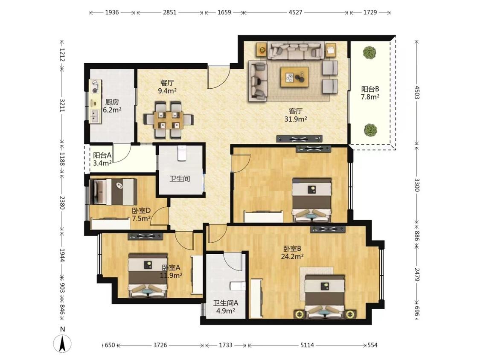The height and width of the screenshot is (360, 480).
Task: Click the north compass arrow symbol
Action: click(x=62, y=343)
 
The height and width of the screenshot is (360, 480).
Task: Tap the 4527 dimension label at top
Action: click(x=295, y=12)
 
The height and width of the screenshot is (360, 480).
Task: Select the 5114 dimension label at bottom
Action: click(x=307, y=345)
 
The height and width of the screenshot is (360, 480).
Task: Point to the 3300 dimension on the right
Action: click(x=416, y=185)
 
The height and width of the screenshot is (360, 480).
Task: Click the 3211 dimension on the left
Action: click(x=62, y=105)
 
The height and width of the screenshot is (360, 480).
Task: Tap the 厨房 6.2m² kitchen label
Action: click(x=112, y=106)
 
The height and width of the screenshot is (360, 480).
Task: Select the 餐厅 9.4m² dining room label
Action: click(x=167, y=87)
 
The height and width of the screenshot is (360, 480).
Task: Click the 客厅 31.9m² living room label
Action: click(x=296, y=115)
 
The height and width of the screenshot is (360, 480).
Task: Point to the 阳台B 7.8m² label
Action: click(x=370, y=93)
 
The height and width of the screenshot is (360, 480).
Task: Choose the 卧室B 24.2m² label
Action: click(x=292, y=253)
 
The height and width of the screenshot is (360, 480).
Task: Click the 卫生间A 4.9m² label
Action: click(x=226, y=307)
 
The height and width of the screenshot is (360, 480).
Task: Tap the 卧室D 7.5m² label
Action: click(x=141, y=215)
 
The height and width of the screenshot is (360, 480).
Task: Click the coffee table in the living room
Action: click(x=294, y=77)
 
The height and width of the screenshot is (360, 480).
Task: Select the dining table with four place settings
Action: click(x=169, y=120)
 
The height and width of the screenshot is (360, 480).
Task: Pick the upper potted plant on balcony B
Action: click(x=369, y=52)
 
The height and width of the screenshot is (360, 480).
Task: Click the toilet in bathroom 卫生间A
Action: click(x=238, y=286)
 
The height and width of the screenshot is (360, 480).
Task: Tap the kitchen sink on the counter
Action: click(x=94, y=115)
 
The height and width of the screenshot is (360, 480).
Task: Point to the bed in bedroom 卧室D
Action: click(x=113, y=192)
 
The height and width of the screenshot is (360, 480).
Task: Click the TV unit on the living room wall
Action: click(x=300, y=139)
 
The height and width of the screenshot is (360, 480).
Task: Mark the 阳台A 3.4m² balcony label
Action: click(x=102, y=159)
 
